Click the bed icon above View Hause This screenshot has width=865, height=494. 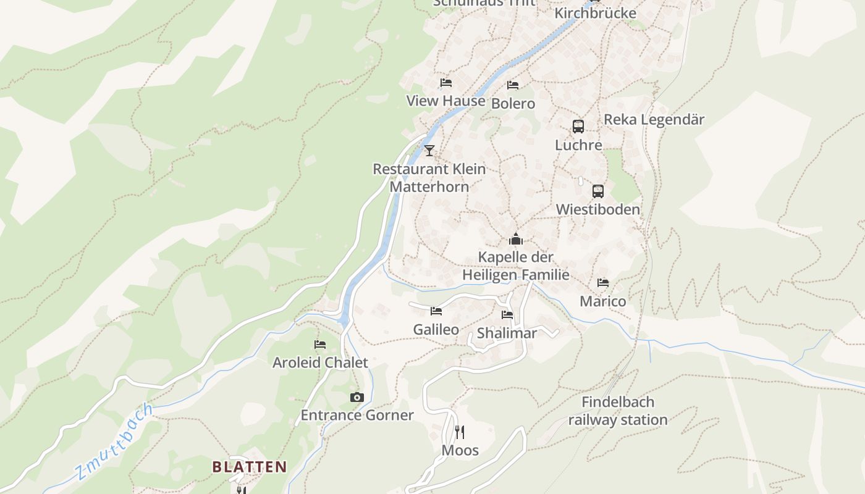[445, 83]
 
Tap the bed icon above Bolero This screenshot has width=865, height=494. [512, 85]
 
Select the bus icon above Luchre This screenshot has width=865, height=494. [578, 127]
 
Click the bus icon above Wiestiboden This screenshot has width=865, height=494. [597, 191]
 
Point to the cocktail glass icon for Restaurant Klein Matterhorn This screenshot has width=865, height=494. [429, 150]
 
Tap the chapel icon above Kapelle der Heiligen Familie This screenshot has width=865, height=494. [515, 239]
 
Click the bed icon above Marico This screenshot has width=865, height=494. [603, 283]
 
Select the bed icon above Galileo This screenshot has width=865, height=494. [436, 311]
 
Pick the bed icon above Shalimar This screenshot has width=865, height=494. [507, 315]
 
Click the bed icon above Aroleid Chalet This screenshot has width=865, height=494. [320, 345]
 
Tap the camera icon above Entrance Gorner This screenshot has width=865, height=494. [357, 397]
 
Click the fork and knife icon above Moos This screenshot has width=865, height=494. [460, 432]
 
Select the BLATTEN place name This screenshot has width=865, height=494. [250, 467]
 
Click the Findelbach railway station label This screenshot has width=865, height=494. [618, 411]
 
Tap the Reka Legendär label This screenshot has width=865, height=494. [654, 120]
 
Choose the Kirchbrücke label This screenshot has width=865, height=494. [595, 13]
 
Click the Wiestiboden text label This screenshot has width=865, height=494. [597, 209]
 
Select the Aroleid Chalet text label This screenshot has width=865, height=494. [320, 362]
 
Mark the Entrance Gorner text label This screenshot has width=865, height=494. [357, 415]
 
